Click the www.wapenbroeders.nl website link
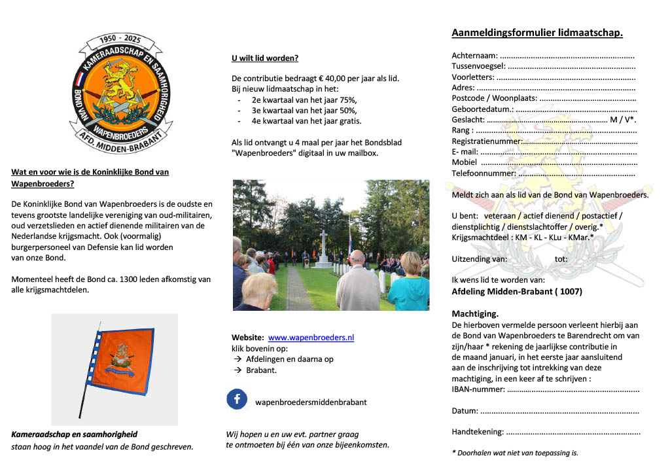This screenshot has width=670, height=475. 311,338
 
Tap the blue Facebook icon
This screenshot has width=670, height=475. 237,399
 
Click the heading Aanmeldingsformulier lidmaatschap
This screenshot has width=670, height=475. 537,33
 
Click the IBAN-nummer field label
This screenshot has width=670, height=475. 478,390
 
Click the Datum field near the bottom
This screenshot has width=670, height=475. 559,412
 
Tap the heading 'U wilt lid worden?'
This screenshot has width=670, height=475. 265,58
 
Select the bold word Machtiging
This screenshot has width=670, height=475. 475,313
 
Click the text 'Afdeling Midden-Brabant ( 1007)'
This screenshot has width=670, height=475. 517,291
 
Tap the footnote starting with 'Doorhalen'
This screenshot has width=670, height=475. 515,452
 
